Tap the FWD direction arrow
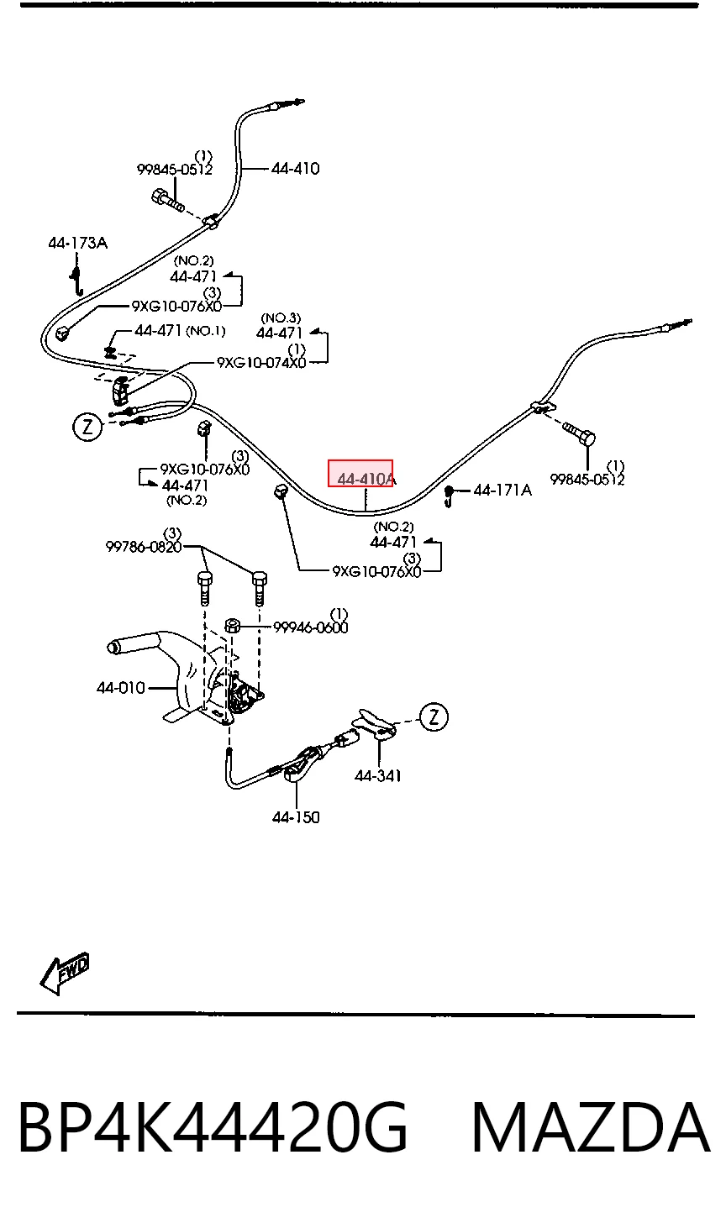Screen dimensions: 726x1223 click(65, 974)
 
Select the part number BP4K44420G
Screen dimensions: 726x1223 click(213, 1127)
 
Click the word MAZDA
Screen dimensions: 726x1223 click(591, 1127)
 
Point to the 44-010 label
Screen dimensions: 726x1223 click(121, 687)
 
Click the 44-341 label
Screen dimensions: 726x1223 click(377, 775)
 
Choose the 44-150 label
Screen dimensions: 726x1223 click(296, 816)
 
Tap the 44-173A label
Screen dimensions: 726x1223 click(77, 243)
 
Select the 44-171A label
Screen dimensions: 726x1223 click(502, 490)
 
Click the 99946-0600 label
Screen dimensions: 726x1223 click(310, 627)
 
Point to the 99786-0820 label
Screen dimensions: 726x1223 click(144, 546)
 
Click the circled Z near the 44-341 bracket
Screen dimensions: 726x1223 click(434, 716)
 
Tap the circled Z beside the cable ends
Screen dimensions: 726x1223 click(87, 427)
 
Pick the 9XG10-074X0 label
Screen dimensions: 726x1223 click(261, 362)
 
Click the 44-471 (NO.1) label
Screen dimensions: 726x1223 click(180, 330)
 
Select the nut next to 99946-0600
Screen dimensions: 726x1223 click(232, 625)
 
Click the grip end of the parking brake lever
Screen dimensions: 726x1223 click(115, 647)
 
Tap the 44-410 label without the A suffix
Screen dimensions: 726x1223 click(295, 168)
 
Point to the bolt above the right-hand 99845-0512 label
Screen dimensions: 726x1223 click(578, 433)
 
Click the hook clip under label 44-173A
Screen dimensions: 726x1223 click(76, 279)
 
